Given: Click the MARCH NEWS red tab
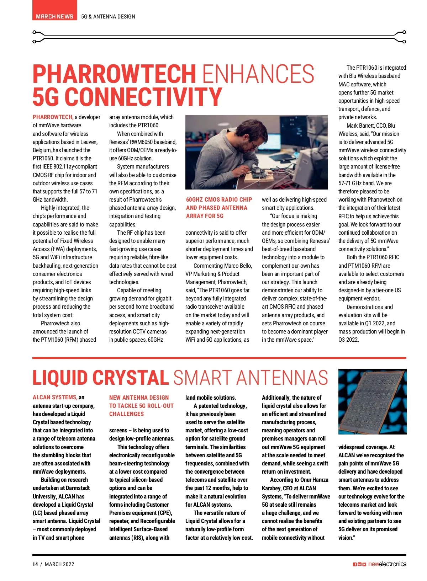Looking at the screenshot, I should [54, 16].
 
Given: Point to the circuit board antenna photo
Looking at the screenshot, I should [372, 401].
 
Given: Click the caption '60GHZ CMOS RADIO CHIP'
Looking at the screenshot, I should [219, 199].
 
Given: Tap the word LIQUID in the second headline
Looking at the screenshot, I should [60, 378].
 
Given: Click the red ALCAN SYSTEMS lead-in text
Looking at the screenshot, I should [55, 398].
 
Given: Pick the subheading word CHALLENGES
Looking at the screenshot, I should [126, 414].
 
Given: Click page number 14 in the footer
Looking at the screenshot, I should [35, 564].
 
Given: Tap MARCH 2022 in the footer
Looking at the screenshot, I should [59, 564].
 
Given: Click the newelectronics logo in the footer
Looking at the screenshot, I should [387, 564].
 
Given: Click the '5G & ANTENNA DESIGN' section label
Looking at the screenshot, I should [108, 16].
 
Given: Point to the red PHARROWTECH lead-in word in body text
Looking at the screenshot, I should [53, 117].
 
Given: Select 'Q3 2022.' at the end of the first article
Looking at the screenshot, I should [349, 340].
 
